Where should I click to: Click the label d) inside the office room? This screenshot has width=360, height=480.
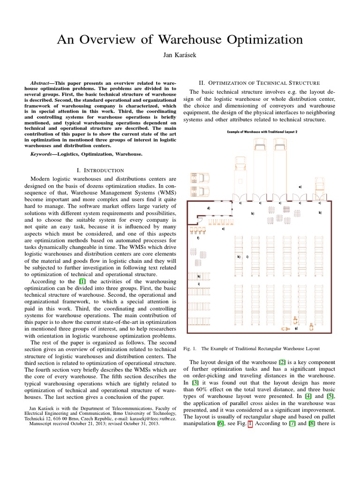[x=208, y=208]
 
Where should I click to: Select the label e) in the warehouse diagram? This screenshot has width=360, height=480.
[x=223, y=229]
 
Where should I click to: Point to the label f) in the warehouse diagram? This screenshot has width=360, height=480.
[x=198, y=238]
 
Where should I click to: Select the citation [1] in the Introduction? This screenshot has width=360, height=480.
[x=82, y=281]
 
